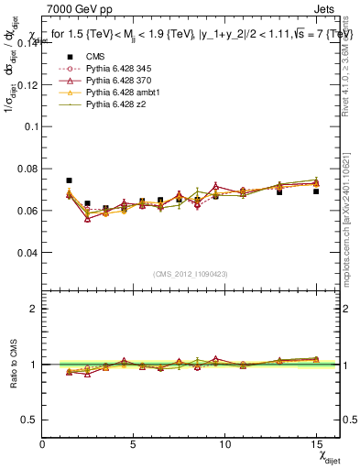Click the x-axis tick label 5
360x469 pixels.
pyautogui.click(x=134, y=444)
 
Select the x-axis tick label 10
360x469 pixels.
pyautogui.click(x=224, y=444)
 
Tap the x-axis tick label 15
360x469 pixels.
pyautogui.click(x=316, y=444)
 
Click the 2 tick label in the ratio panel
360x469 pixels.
pyautogui.click(x=34, y=309)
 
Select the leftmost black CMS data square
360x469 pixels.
pyautogui.click(x=69, y=180)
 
